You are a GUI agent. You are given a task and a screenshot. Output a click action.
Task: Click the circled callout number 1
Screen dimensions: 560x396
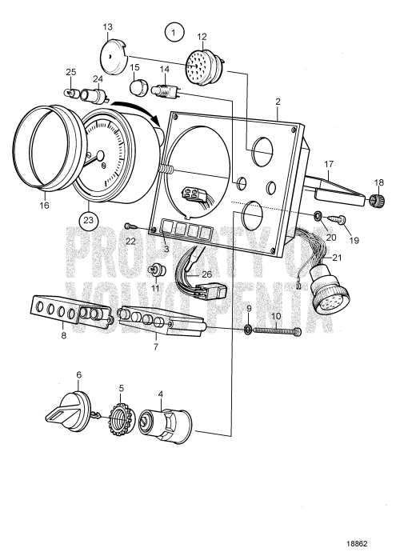[x=172, y=33]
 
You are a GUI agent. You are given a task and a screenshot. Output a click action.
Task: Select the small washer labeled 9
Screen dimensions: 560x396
[x=248, y=330]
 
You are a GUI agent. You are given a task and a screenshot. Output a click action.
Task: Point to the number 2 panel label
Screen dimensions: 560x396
[x=277, y=102]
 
